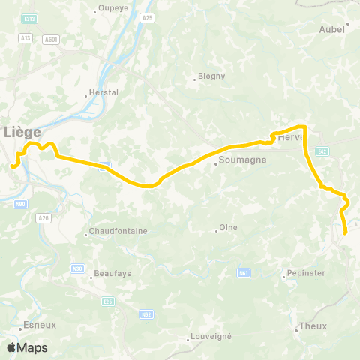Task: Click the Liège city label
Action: tap(22, 132)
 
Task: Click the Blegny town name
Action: tap(205, 76)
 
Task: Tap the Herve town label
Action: tap(289, 138)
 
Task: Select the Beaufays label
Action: tap(112, 273)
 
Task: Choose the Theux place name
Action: tap(313, 326)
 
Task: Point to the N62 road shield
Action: tap(146, 314)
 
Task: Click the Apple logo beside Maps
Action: tap(11, 347)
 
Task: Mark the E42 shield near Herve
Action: tap(322, 151)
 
